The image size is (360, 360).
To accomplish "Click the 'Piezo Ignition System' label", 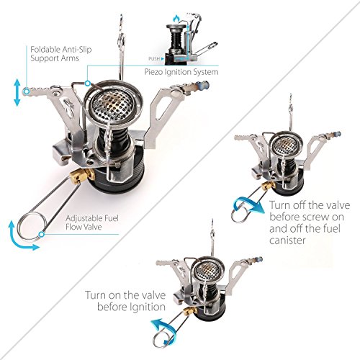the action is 181,72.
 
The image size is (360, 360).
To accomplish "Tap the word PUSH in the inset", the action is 154,58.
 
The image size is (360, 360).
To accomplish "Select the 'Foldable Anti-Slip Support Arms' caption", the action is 61,54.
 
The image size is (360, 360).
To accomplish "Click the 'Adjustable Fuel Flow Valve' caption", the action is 92,222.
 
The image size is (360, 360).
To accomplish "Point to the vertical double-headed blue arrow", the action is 17,93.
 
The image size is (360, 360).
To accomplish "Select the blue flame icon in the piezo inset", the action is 176,18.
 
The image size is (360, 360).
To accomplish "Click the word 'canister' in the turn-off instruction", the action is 287,240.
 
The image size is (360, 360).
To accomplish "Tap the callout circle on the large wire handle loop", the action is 42,233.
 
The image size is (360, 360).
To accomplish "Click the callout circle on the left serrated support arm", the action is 26,91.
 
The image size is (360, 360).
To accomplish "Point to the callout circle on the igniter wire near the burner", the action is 88,84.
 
